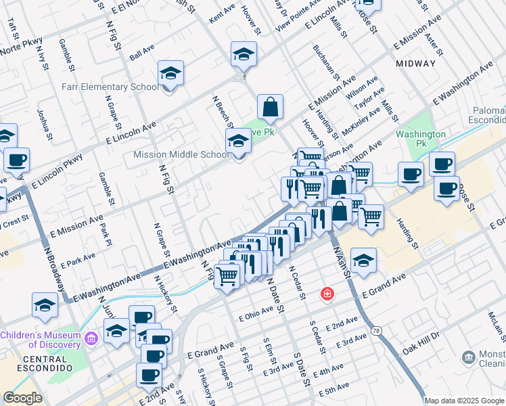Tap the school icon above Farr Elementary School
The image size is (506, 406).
click(171, 73)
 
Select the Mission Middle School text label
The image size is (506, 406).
click(181, 154)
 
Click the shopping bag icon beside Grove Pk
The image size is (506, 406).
click(270, 107)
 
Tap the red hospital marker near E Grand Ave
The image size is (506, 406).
click(327, 294)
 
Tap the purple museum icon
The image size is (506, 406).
click(92, 336)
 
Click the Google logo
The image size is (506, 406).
click(22, 398)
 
